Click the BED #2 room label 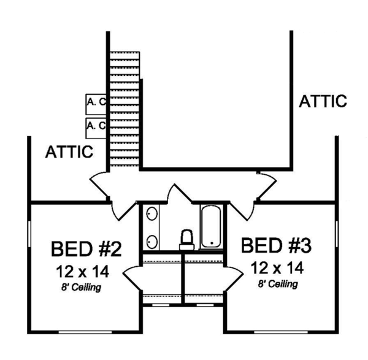pos(86,249)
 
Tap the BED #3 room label pos(276,245)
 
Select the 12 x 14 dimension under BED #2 pos(82,272)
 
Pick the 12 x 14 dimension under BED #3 pos(277,268)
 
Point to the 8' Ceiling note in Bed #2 pos(81,288)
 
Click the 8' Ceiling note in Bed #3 pos(278,284)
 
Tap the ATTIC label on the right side pos(323,101)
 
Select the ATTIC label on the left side pos(69,152)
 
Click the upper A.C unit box pos(96,104)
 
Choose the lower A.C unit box pos(96,128)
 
